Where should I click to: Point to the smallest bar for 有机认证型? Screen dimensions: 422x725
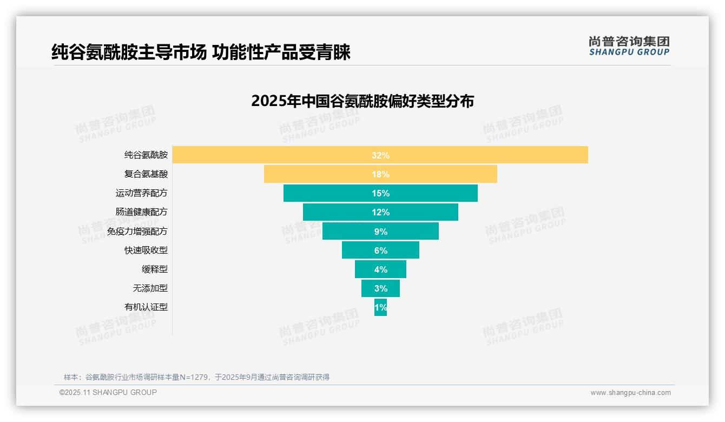point(380,307)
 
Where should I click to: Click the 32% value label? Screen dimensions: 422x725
point(380,155)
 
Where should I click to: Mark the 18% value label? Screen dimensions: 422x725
point(380,174)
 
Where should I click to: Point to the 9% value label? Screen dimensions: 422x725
point(380,232)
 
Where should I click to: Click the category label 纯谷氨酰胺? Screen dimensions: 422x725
point(146,155)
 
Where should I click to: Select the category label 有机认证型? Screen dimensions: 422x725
point(146,307)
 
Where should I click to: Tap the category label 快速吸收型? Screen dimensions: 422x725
point(146,250)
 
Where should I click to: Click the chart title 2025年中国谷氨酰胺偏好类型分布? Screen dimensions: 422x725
point(362,101)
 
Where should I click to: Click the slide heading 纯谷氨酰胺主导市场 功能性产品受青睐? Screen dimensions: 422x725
point(201,52)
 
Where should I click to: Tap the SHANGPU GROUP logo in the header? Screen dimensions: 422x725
point(629,46)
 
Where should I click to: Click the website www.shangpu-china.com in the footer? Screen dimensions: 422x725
point(630,393)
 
